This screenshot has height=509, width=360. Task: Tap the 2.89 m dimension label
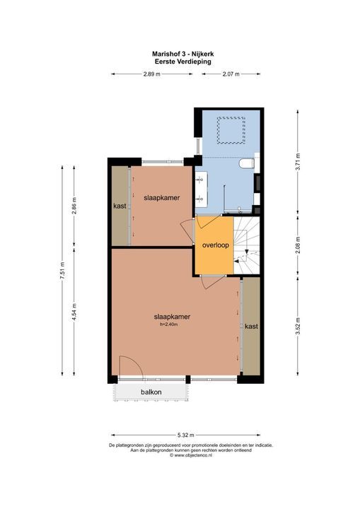(151, 74)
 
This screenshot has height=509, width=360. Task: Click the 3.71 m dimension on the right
(298, 163)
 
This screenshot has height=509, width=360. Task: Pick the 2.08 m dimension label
(298, 245)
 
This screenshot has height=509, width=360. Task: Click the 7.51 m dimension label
(62, 273)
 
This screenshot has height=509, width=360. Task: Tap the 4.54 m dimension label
(74, 312)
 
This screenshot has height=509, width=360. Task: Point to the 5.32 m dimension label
(186, 435)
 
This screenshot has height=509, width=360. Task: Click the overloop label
(214, 245)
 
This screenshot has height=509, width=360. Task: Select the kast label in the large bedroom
(250, 327)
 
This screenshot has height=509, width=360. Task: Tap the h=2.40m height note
(173, 324)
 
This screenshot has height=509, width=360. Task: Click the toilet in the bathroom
(247, 165)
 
